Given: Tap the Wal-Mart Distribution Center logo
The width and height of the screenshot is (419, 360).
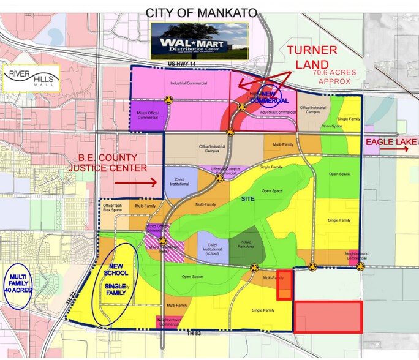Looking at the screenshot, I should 199,41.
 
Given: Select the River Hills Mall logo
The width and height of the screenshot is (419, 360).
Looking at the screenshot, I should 31,78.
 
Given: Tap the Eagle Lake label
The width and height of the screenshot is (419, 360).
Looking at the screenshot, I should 391,143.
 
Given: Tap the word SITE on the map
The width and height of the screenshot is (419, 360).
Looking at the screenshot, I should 247,198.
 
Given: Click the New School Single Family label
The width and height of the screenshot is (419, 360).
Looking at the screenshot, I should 115,279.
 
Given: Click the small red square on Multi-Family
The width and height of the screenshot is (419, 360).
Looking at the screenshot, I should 284,285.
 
